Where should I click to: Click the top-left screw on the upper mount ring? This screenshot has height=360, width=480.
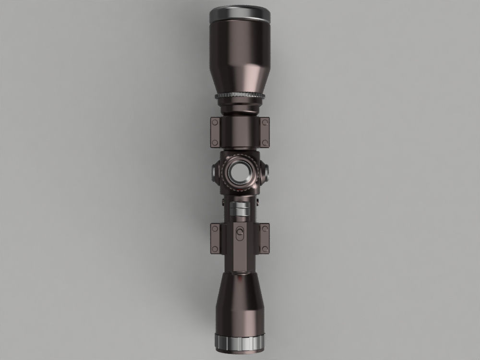pyautogui.click(x=215, y=123)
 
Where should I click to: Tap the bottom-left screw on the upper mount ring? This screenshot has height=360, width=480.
pyautogui.click(x=215, y=142)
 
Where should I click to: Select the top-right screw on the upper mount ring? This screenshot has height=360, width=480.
pyautogui.click(x=265, y=123)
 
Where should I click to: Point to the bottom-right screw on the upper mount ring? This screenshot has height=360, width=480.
pyautogui.click(x=265, y=142)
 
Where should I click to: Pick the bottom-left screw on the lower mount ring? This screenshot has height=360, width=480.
pyautogui.click(x=215, y=249)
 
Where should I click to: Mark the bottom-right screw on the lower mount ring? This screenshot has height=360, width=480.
pyautogui.click(x=265, y=249)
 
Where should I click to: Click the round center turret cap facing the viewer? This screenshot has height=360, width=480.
pyautogui.click(x=240, y=173)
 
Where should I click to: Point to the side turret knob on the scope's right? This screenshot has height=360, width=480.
pyautogui.click(x=265, y=171)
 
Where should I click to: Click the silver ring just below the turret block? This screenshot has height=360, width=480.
pyautogui.click(x=240, y=209)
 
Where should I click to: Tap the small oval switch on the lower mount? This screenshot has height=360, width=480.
pyautogui.click(x=240, y=233)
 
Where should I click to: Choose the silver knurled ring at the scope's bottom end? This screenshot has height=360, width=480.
pyautogui.click(x=240, y=342)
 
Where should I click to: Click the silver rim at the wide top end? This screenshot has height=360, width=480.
pyautogui.click(x=240, y=13)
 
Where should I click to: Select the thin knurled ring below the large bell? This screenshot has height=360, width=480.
pyautogui.click(x=240, y=96)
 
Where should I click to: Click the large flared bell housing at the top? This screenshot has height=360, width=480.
pyautogui.click(x=240, y=53)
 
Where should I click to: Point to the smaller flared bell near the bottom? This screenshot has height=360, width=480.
pyautogui.click(x=240, y=302)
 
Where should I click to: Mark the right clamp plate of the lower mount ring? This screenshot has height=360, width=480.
pyautogui.click(x=265, y=239)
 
